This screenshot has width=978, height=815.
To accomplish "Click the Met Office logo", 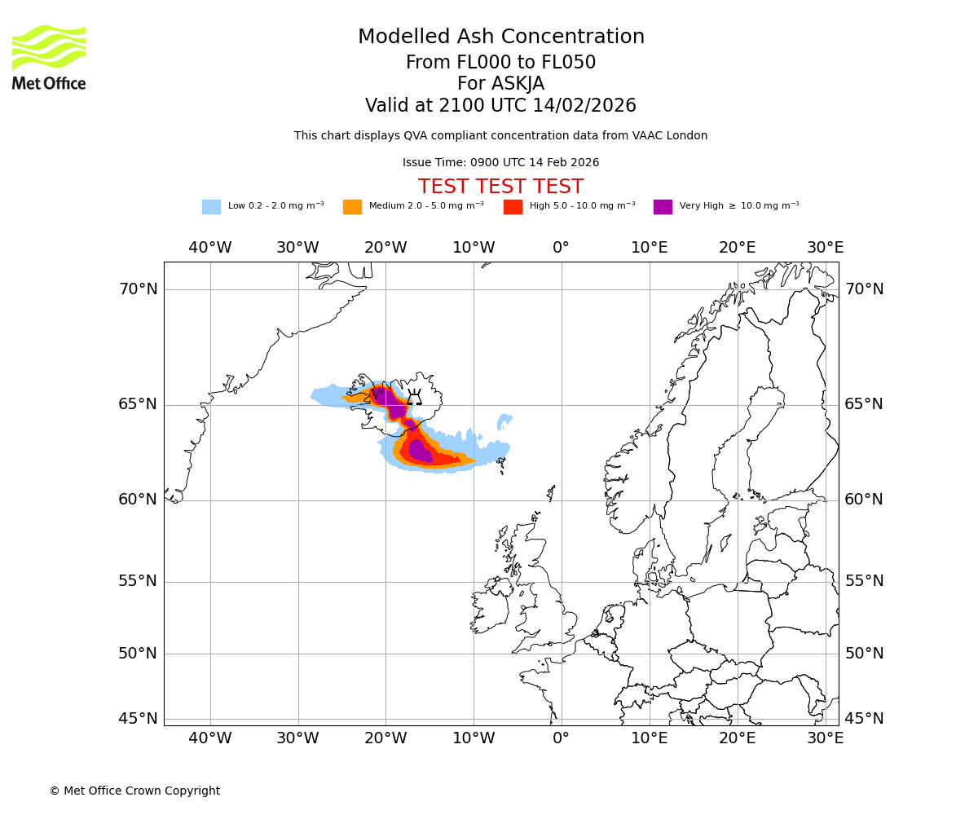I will (x=49, y=57).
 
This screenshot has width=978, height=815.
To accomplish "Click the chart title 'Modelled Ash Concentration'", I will (x=501, y=37).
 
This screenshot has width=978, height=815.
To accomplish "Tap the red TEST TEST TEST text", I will (x=500, y=187).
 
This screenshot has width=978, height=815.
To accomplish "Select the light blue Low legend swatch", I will (x=211, y=206).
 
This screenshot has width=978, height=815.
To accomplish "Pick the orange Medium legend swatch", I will (x=352, y=206).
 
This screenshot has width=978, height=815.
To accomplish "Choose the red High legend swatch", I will (x=513, y=206).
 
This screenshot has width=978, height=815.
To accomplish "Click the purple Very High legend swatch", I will (x=663, y=206).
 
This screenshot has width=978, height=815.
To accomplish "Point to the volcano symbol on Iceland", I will (x=415, y=398).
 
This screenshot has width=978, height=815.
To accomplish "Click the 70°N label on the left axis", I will (x=138, y=289).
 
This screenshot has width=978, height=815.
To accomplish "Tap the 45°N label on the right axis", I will (x=864, y=719).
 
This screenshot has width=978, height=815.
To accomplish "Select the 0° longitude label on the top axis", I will (x=561, y=248).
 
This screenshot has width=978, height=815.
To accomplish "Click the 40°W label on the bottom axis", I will (x=210, y=738).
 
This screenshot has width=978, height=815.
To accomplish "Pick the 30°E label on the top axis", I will (x=825, y=248).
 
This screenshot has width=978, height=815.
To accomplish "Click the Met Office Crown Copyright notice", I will (x=134, y=791).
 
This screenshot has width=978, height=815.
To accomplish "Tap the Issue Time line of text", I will (x=500, y=162).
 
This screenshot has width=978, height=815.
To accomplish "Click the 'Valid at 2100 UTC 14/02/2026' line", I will (x=500, y=105).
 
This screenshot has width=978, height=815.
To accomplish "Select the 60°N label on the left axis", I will (x=138, y=500).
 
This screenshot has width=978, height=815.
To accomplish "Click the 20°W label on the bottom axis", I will (x=385, y=738).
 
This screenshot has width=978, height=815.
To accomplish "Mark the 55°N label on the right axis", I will (x=864, y=581).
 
